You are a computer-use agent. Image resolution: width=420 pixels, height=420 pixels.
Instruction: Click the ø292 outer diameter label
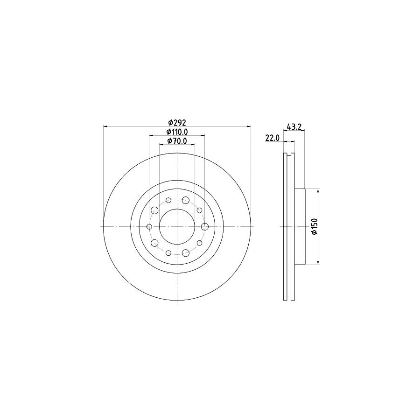click(x=177, y=123)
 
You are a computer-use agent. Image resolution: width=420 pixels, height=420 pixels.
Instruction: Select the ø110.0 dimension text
click(x=177, y=132)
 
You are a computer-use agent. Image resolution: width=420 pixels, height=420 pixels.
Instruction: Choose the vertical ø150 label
click(x=315, y=226)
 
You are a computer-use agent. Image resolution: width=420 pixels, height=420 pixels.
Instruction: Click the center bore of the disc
click(x=177, y=226)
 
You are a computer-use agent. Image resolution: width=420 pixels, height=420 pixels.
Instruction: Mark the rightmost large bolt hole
click(x=204, y=226)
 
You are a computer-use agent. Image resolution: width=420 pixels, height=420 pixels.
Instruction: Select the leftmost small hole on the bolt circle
click(x=149, y=227)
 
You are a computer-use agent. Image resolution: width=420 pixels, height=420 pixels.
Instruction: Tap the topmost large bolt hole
click(x=186, y=201)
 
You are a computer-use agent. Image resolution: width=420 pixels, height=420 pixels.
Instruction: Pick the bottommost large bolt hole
click(x=186, y=252)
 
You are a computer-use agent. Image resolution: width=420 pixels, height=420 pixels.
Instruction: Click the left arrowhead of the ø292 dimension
click(x=105, y=126)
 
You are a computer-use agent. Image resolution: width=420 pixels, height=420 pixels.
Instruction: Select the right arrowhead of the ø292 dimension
click(x=249, y=126)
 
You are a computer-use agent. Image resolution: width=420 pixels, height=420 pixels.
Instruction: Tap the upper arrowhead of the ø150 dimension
click(x=318, y=190)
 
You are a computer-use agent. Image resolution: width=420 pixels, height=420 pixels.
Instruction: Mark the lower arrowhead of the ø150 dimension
click(x=318, y=263)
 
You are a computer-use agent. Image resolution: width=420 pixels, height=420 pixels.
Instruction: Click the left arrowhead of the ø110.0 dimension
click(x=151, y=135)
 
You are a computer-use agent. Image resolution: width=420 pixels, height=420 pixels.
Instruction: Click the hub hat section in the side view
click(x=300, y=226)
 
